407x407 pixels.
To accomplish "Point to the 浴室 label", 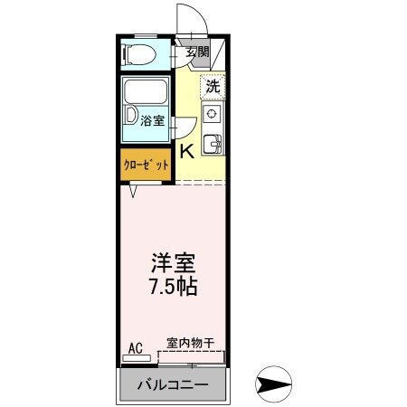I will click(153, 119).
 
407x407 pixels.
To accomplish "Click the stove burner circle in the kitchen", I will click(211, 114).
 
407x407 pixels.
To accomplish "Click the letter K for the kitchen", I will click(185, 150).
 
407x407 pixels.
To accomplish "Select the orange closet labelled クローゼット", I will click(145, 165).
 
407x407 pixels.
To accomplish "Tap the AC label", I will click(135, 347).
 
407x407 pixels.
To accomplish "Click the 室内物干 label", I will click(190, 343).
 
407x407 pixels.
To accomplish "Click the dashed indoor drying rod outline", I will click(191, 357).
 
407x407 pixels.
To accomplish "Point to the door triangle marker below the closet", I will click(134, 190).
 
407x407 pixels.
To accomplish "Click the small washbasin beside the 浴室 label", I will click(131, 117).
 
